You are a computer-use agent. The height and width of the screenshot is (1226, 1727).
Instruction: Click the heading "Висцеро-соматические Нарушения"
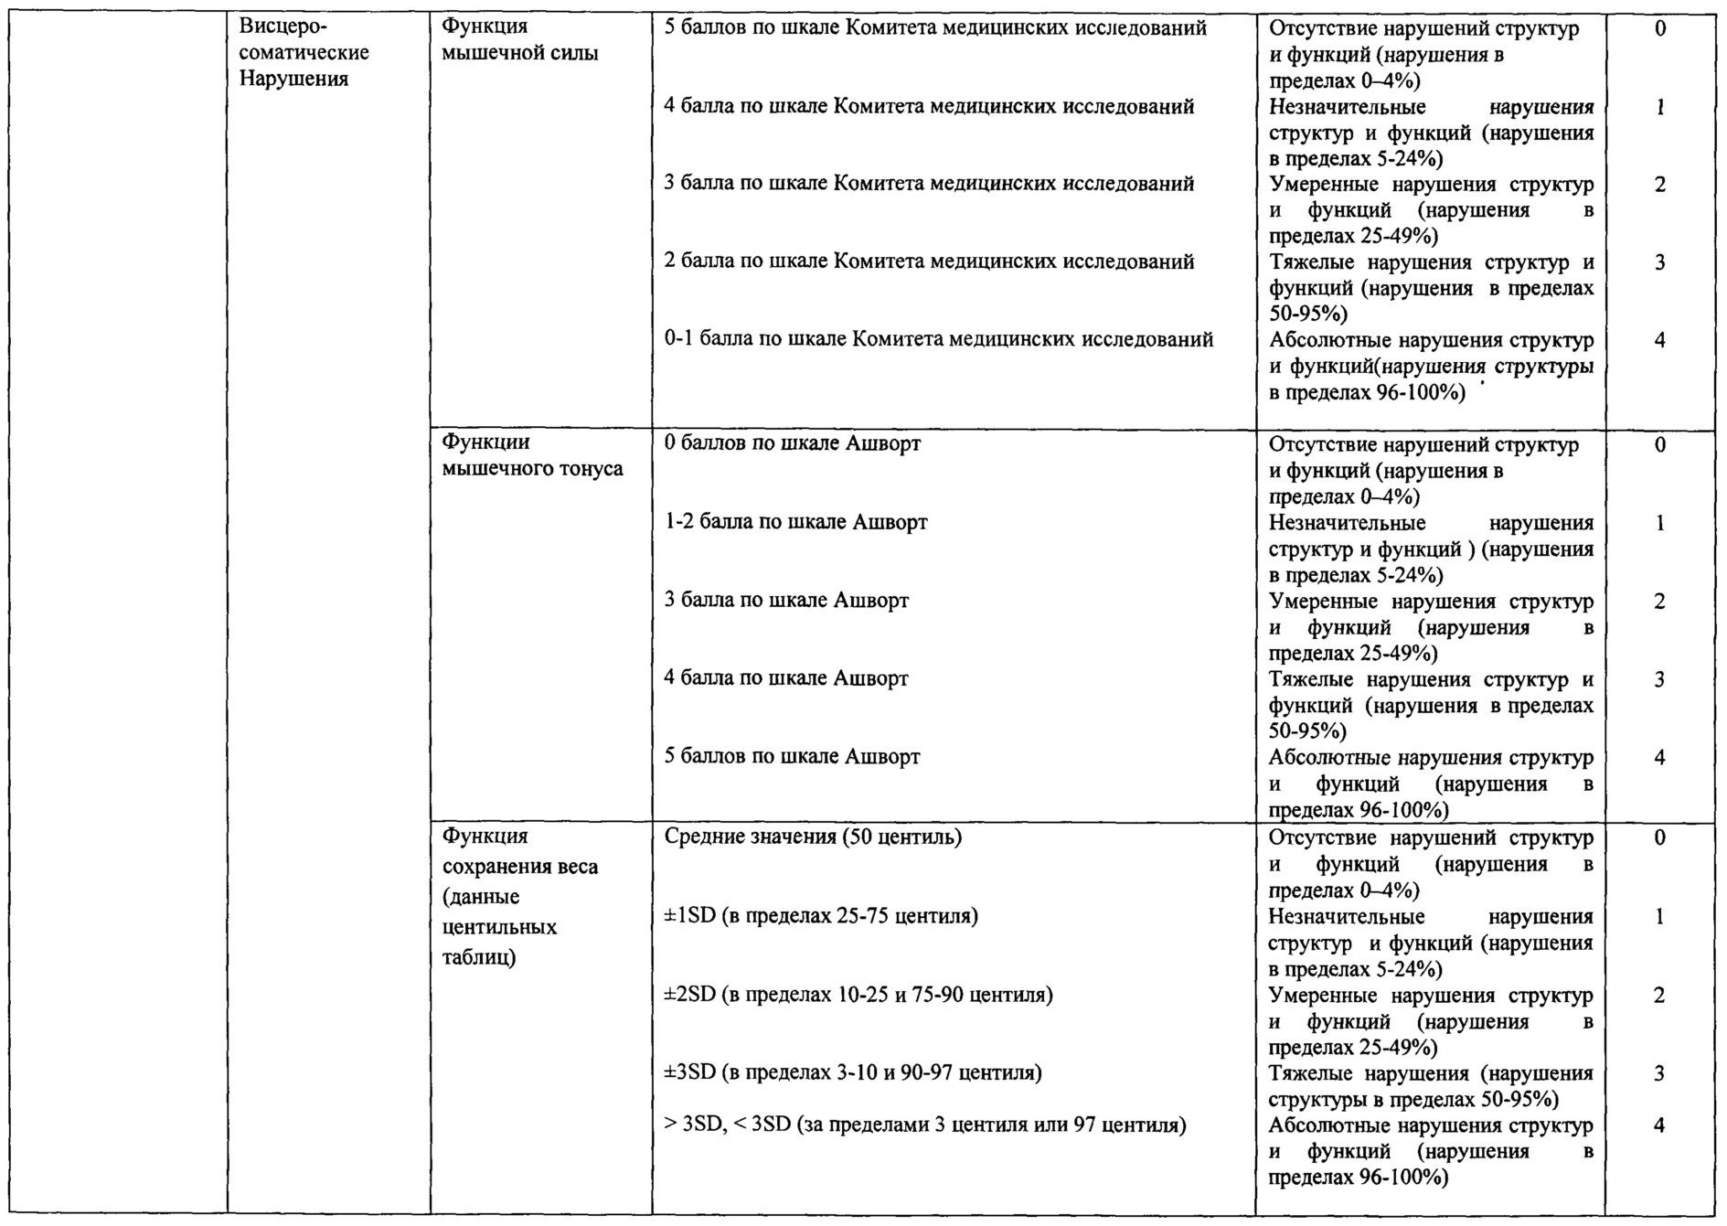click(304, 53)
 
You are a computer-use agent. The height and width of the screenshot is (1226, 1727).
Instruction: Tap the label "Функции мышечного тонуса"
click(532, 455)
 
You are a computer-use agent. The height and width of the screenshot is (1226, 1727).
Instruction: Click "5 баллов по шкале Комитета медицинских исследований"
click(934, 28)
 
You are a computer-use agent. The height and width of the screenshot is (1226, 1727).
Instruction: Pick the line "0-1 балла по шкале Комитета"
click(938, 340)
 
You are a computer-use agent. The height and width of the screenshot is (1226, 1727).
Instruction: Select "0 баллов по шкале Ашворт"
click(792, 444)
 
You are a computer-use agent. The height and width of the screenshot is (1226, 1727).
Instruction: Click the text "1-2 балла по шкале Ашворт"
click(795, 523)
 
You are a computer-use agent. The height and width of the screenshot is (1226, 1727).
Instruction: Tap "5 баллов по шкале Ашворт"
click(792, 757)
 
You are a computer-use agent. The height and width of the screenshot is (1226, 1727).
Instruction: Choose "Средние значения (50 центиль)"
click(813, 837)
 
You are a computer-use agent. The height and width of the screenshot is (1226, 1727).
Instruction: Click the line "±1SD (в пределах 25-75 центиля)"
click(821, 916)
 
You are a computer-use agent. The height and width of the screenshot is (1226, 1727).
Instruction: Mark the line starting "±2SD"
click(858, 995)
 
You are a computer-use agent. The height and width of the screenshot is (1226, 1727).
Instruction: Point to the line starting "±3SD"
click(853, 1072)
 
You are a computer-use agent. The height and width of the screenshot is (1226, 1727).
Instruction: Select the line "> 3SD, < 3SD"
click(925, 1125)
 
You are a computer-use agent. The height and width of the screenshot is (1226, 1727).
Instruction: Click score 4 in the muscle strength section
click(1659, 341)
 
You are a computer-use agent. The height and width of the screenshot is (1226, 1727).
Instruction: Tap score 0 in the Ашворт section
click(1659, 445)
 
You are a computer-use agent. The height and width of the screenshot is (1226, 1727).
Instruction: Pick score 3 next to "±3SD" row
click(1659, 1074)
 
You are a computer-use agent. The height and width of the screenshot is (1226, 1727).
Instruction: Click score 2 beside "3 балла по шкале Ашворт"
click(1659, 602)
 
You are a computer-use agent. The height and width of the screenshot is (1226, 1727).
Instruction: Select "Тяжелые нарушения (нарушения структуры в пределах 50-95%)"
click(1430, 1086)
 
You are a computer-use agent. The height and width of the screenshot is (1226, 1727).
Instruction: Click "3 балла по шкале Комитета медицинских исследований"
click(929, 184)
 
